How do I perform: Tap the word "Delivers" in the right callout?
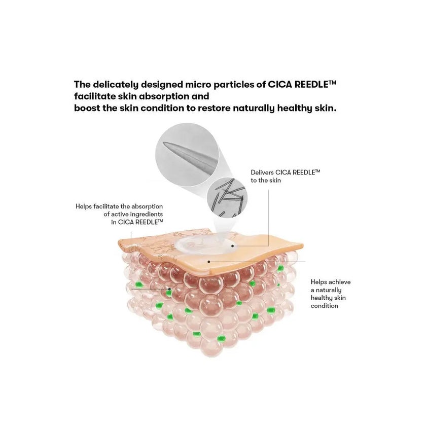262,172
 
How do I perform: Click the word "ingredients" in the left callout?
146,215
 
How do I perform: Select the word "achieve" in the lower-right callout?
340,282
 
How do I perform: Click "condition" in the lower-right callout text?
325,306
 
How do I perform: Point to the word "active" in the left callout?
119,215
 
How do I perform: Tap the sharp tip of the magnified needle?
163,143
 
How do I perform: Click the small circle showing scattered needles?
227,197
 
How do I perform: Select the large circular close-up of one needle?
187,155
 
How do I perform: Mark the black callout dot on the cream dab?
233,246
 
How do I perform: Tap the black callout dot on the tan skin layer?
208,262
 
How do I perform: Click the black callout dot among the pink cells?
169,289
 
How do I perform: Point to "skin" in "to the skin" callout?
275,181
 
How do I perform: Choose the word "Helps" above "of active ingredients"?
84,206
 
